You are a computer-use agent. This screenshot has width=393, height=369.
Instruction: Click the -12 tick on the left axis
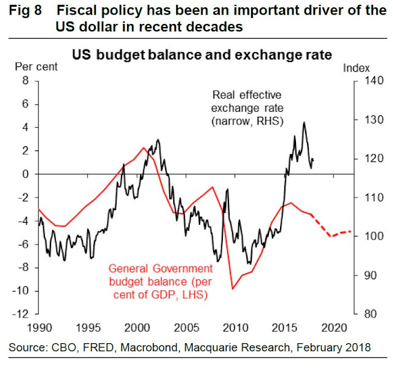[x=22, y=314]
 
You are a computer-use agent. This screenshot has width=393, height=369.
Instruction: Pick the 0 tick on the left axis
[x=26, y=174]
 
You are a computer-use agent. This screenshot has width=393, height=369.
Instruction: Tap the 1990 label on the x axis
[x=39, y=327]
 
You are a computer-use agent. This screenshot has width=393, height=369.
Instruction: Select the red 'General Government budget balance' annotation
[x=160, y=281]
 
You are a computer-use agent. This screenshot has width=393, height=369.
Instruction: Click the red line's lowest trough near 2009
[x=233, y=289]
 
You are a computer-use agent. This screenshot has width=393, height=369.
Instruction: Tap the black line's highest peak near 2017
[x=304, y=122]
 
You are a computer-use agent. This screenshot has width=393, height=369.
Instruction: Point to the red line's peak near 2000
[x=144, y=147]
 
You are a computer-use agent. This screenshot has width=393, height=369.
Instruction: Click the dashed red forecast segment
[x=332, y=233]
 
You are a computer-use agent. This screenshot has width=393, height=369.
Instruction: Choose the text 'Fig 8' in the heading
[x=25, y=12]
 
